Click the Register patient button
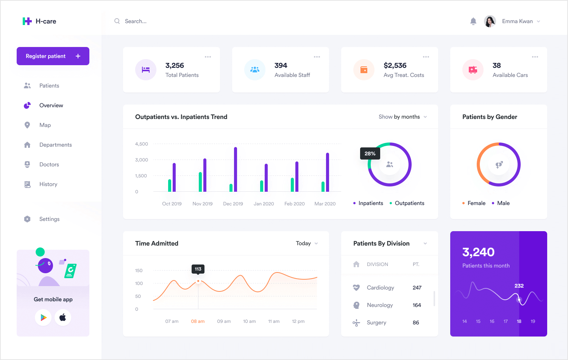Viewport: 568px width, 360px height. (x=53, y=56)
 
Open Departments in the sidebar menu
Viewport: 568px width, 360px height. (x=55, y=145)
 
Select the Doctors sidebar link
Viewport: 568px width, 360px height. (x=49, y=164)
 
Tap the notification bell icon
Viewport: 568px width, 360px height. (x=473, y=21)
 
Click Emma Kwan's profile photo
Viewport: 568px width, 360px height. (x=490, y=21)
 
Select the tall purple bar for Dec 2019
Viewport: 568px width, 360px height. (x=236, y=169)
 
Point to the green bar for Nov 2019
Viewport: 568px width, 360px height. (x=200, y=182)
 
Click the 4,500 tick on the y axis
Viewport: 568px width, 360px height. (x=142, y=144)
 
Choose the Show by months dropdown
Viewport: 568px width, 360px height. (x=403, y=117)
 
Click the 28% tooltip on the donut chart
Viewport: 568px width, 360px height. (x=370, y=153)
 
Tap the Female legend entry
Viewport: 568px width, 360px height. (x=476, y=203)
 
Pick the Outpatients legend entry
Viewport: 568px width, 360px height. (x=409, y=203)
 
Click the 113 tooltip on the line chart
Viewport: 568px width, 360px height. (x=198, y=269)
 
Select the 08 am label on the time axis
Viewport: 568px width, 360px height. (x=198, y=321)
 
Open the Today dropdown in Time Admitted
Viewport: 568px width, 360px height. (x=307, y=243)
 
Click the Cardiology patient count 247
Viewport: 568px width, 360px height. (x=417, y=288)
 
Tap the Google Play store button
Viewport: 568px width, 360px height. (x=44, y=318)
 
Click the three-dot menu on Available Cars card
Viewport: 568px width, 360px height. (x=535, y=57)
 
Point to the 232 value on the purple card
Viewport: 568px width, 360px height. (x=519, y=286)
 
